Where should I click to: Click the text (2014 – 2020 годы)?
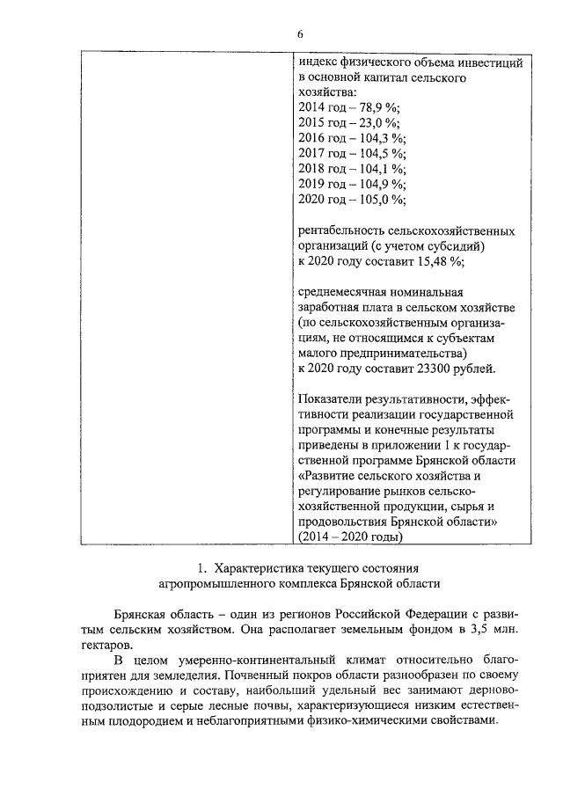[x=351, y=537]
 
